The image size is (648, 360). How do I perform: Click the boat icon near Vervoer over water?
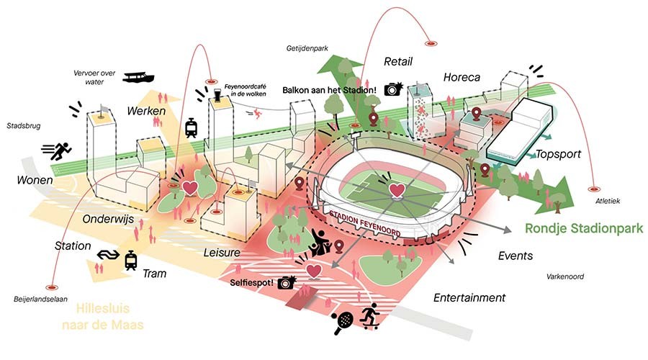click(x=139, y=77)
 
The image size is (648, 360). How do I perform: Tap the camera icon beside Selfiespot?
click(x=287, y=282)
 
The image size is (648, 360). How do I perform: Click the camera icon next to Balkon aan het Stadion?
click(x=392, y=89)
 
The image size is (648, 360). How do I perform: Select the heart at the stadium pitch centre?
click(x=397, y=190)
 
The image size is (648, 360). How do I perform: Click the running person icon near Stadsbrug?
click(x=57, y=151)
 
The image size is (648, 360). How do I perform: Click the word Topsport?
click(x=559, y=154)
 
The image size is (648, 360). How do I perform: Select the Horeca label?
click(x=462, y=77)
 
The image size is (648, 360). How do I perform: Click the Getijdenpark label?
click(x=305, y=48)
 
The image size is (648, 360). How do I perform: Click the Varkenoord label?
click(x=564, y=276)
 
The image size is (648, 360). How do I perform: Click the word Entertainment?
click(x=469, y=297)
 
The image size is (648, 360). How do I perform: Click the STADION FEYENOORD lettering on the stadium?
click(x=372, y=224)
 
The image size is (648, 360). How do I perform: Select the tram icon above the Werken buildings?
click(x=192, y=128)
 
